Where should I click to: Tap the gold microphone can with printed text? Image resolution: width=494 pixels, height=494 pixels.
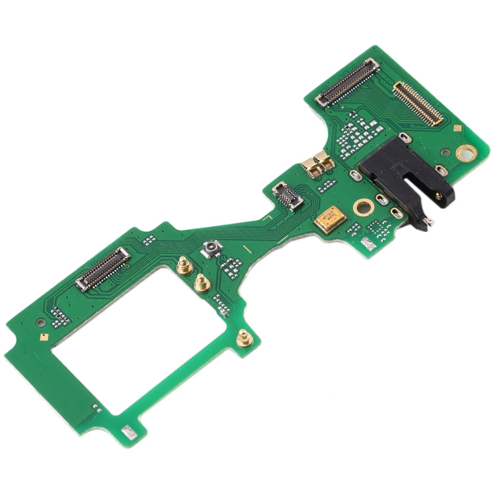[x=329, y=219]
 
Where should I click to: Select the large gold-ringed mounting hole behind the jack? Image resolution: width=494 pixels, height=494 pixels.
[x=466, y=153]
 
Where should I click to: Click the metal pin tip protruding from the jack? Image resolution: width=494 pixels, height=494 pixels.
[x=429, y=224]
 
